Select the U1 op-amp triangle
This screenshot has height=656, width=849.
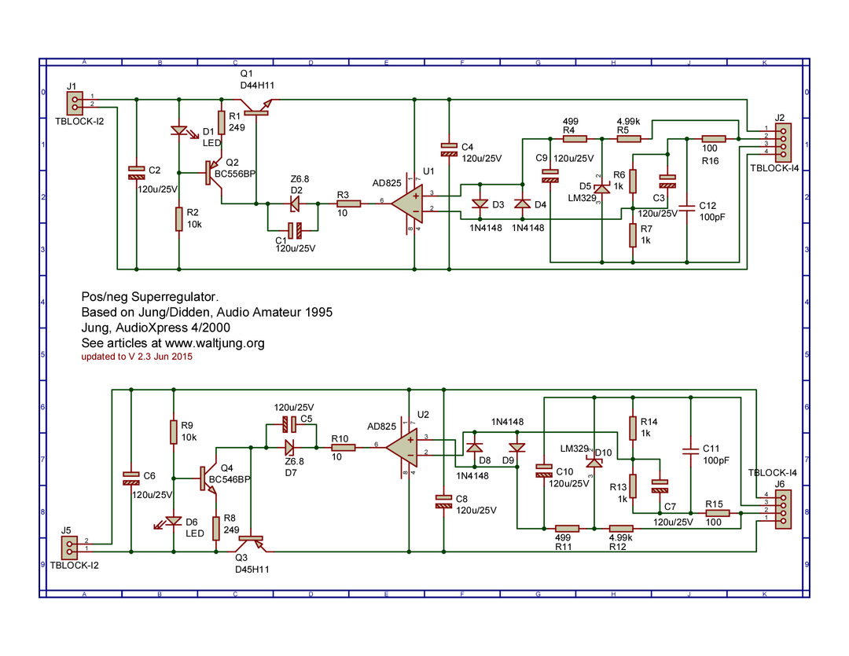coord(409,203)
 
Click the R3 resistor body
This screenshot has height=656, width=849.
coord(349,203)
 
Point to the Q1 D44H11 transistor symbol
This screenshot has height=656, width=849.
coord(256,107)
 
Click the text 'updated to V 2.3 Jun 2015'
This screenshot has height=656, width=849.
coord(137,357)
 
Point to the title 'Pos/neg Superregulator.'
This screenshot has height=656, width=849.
coord(149,298)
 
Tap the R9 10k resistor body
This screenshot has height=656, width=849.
coord(174,433)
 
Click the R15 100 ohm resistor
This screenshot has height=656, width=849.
coord(718,514)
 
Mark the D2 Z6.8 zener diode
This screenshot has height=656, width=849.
coord(294,203)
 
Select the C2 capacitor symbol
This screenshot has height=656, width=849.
coord(136,171)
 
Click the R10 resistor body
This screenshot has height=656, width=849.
coord(344,448)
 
